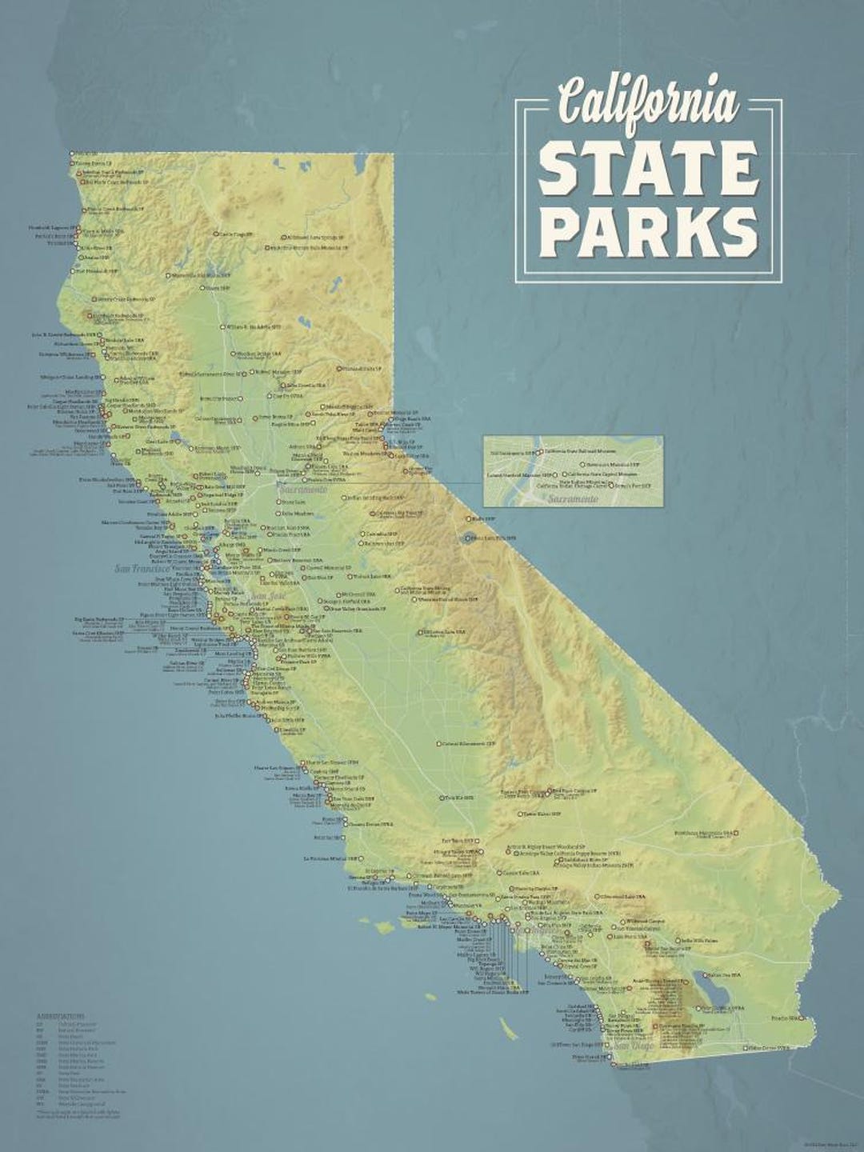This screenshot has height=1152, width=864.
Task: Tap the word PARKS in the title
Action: pos(649,230)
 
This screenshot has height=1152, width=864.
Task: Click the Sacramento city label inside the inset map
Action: pos(572,499)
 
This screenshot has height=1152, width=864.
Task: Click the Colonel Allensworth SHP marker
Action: pos(438,743)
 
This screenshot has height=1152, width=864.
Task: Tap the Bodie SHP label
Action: pos(485,518)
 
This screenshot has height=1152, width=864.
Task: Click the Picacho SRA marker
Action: pos(801,1018)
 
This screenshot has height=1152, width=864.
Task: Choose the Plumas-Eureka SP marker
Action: pos(340,369)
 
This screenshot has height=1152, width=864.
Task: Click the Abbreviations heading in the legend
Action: pos(59,1014)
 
